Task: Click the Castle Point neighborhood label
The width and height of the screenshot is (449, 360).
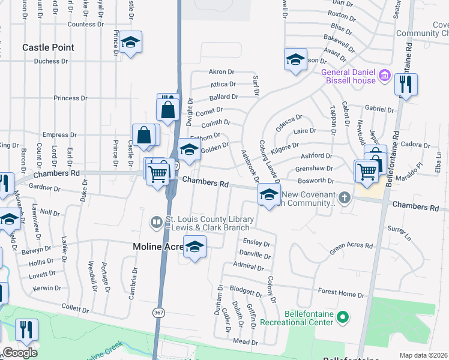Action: tap(48, 47)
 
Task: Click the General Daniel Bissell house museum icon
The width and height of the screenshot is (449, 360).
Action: tap(385, 77)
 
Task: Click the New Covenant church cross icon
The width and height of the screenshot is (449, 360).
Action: tap(344, 197)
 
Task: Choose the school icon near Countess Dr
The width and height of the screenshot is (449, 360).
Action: tap(130, 43)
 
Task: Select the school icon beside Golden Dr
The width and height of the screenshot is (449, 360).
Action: tap(190, 150)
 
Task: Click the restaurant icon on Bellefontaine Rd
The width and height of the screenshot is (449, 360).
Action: tap(406, 85)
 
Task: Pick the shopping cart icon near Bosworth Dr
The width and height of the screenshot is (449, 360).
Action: tap(366, 171)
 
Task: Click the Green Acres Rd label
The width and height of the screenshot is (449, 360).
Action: tap(351, 246)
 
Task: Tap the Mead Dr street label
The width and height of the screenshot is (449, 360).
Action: tap(246, 342)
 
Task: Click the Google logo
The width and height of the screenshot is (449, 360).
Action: tap(20, 352)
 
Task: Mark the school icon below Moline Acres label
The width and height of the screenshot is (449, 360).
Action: tap(194, 247)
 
